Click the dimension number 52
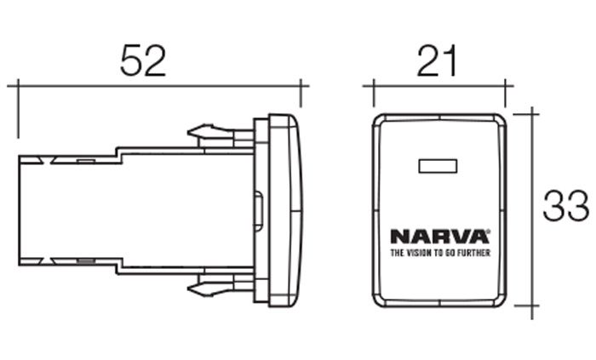click(x=143, y=60)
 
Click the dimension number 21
click(x=437, y=60)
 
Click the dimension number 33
click(x=565, y=205)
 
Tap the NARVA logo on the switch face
click(x=439, y=237)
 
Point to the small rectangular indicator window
click(x=438, y=166)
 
